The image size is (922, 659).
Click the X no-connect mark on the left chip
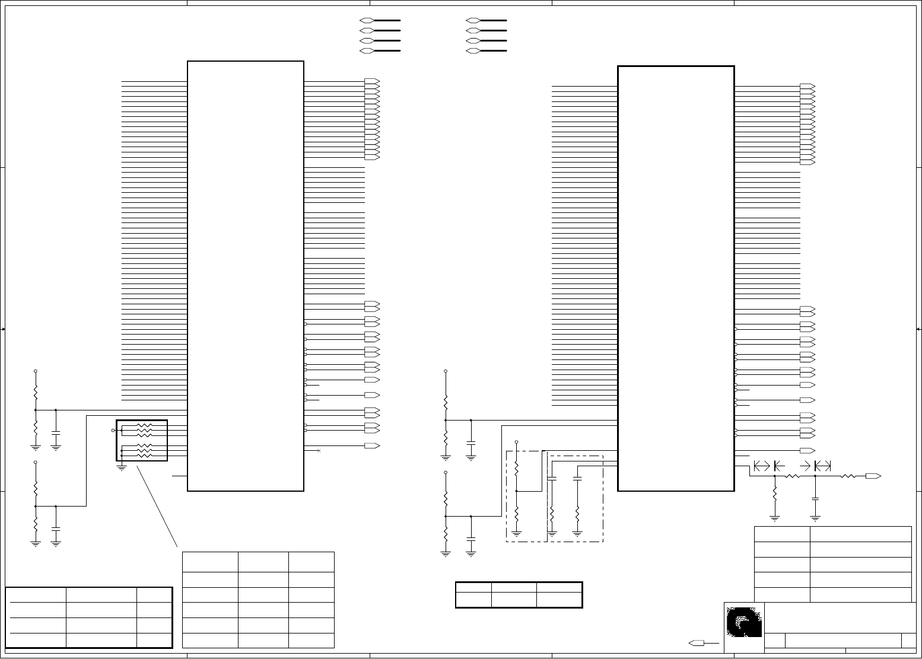(319, 451)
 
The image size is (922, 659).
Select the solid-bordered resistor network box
(142, 440)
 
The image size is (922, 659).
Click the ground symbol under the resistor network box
(122, 468)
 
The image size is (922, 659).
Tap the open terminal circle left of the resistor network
(114, 430)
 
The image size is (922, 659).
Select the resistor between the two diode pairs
(793, 476)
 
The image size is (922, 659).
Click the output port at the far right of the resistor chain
(873, 476)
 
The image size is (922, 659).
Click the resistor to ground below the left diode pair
(775, 493)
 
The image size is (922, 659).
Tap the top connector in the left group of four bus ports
(367, 20)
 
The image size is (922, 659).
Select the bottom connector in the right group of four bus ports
(473, 51)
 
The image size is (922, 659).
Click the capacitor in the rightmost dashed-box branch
(577, 477)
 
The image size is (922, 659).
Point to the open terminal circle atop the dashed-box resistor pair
(517, 442)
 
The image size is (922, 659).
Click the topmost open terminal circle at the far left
(36, 371)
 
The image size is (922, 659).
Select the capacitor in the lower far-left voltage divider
(56, 526)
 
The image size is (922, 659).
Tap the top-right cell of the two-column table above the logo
(860, 534)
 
